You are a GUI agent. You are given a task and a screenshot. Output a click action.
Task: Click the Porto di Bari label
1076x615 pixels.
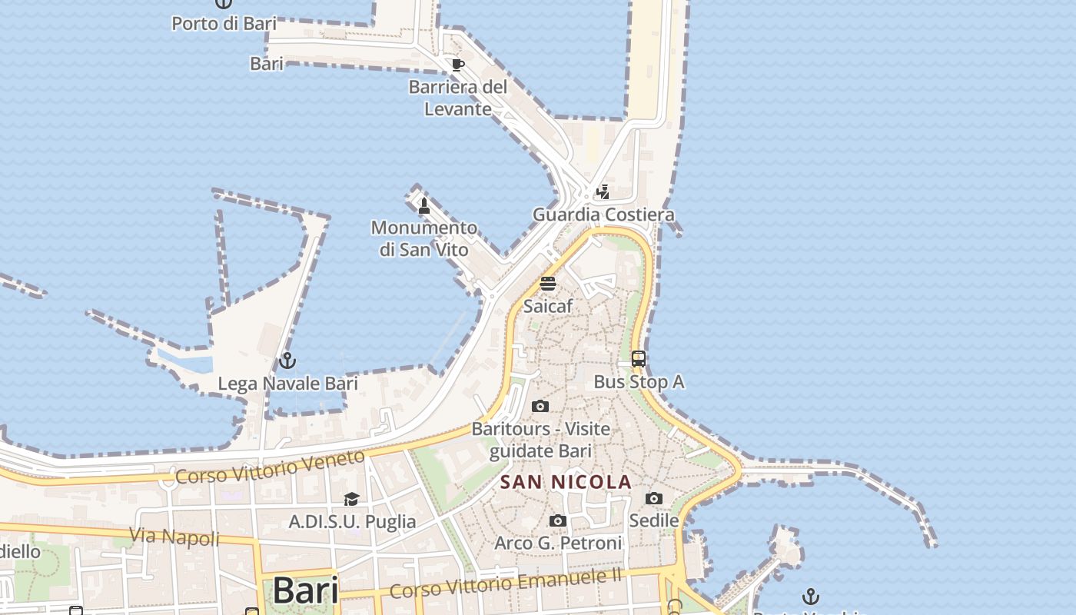[x=224, y=23]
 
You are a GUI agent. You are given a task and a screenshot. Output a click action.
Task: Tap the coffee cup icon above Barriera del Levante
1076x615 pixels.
[x=458, y=65]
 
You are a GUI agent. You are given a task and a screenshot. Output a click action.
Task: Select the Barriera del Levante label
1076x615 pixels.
[x=458, y=98]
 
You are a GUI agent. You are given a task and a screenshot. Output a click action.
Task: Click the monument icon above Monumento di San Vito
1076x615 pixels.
[x=423, y=205]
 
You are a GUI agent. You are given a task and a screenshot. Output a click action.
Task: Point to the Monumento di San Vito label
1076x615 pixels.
[x=424, y=238]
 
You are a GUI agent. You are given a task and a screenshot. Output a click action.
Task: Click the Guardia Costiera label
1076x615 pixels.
[x=603, y=214]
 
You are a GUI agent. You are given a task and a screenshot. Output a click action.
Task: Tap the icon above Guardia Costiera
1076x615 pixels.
[x=603, y=191]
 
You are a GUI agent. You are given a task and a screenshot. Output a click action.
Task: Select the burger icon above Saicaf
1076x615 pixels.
[x=548, y=283]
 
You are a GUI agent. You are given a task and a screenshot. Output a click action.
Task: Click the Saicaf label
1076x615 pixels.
[x=548, y=306]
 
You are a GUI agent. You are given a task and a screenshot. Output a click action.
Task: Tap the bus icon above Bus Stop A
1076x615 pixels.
[x=639, y=358]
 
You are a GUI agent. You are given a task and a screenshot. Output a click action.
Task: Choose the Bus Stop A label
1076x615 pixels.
[x=639, y=381]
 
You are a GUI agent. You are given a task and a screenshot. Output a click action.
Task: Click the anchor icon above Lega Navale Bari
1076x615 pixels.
[x=287, y=360]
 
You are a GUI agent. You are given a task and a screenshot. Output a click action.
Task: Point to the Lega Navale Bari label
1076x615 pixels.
[x=288, y=383]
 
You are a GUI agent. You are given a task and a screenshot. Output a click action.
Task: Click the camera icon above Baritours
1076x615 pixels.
[x=540, y=406]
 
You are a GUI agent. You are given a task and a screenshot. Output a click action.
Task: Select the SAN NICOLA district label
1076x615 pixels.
[x=566, y=482]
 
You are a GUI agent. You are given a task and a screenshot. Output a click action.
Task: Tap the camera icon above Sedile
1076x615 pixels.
[x=654, y=498]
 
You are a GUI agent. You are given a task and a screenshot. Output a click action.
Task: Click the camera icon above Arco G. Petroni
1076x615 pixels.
[x=558, y=520]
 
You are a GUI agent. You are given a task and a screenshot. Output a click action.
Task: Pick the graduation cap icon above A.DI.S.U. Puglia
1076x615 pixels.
[x=352, y=499]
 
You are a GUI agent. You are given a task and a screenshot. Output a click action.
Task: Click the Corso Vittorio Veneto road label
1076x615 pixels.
[x=270, y=467]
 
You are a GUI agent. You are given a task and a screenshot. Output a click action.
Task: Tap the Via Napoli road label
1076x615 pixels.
[x=174, y=536]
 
